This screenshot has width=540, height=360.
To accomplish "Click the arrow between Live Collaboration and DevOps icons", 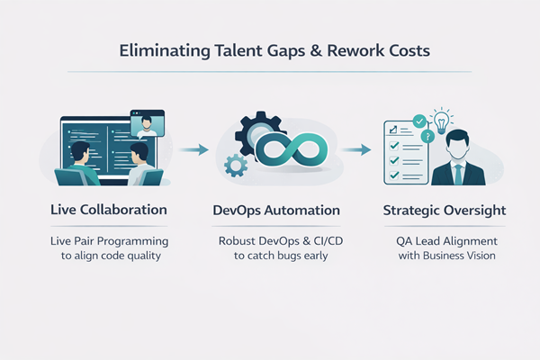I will point(193,148).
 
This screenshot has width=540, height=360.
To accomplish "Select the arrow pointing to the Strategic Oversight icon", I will point(360,148).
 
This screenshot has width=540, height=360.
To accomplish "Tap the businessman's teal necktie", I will point(458,172).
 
